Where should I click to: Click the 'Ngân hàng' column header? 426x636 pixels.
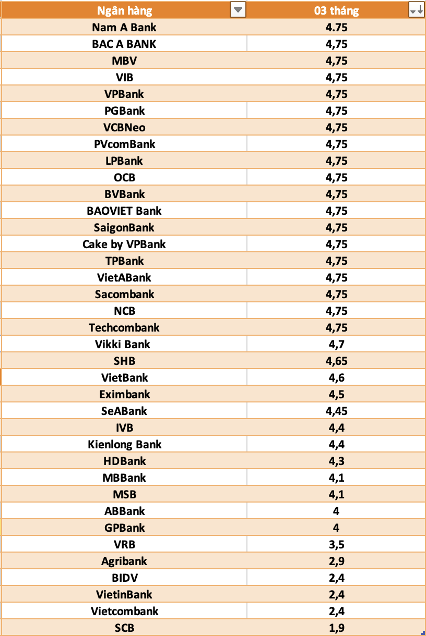tap(125, 10)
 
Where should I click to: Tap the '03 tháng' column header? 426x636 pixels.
tap(336, 10)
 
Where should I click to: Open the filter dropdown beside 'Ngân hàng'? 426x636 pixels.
tap(238, 10)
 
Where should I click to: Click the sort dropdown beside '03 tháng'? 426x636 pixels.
tap(416, 10)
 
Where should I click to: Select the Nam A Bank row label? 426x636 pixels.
tap(124, 27)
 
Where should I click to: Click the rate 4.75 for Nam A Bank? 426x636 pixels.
tap(336, 27)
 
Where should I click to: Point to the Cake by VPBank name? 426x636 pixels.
tap(124, 244)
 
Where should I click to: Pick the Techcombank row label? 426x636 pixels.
tap(124, 327)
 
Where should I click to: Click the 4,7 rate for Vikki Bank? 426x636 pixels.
tap(336, 344)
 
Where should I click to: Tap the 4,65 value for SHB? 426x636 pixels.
tap(336, 361)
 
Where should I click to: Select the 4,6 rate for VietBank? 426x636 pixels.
tap(336, 377)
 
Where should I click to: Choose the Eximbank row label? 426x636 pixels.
tap(124, 394)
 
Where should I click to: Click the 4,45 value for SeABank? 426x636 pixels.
tap(336, 411)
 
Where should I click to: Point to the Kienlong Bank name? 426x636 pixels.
tap(124, 444)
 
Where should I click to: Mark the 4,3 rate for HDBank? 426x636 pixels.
tap(336, 461)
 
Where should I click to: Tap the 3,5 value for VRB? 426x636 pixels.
tap(336, 544)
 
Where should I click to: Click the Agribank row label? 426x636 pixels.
tap(124, 561)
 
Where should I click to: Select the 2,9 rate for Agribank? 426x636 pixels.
tap(336, 561)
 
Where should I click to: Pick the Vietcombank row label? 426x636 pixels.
tap(124, 611)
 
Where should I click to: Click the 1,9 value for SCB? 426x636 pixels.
tap(336, 628)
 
